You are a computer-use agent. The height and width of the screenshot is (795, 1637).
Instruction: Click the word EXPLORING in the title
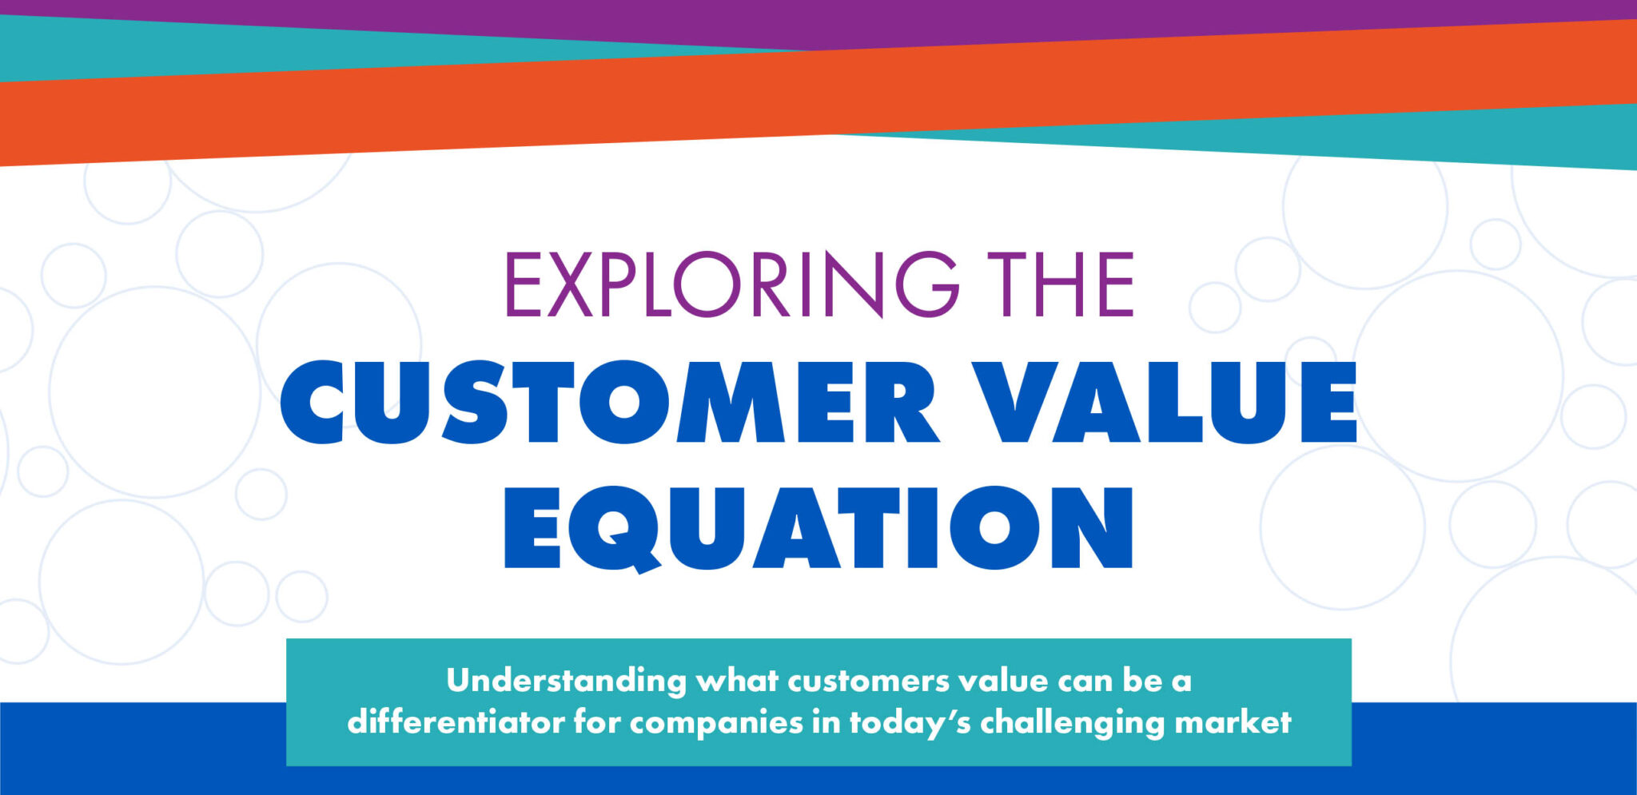[x=731, y=284]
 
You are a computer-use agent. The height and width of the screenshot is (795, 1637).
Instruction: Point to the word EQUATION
[x=818, y=527]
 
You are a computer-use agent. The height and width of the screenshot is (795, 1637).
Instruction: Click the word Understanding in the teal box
[x=566, y=681]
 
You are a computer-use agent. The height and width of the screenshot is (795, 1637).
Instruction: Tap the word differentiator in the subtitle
[x=455, y=722]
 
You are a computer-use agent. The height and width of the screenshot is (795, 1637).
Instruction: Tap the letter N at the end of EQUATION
[x=1091, y=527]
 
